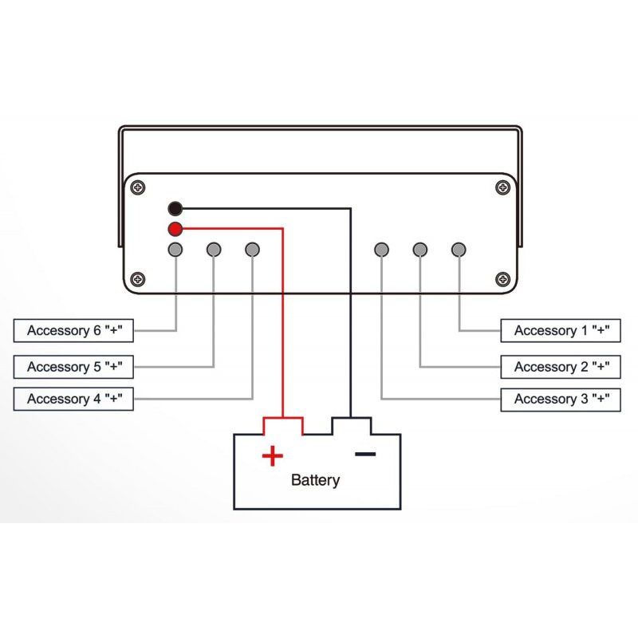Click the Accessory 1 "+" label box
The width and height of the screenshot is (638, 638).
[561, 330]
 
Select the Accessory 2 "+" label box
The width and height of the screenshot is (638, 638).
[561, 367]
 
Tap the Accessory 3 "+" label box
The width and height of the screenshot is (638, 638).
[561, 399]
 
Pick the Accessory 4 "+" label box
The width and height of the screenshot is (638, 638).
[73, 399]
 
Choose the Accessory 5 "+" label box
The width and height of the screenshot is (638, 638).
[73, 367]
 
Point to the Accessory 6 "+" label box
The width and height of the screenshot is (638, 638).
[73, 330]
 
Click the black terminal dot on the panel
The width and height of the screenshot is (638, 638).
[175, 209]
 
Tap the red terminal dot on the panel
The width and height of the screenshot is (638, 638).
[175, 230]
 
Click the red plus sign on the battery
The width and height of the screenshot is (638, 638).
[273, 456]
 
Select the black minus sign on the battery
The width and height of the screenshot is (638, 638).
[365, 455]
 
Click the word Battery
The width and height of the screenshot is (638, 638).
[315, 480]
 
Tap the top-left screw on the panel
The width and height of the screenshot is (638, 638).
[139, 188]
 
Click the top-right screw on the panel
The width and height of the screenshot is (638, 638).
[502, 188]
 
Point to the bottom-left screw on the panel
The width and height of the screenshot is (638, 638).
[139, 279]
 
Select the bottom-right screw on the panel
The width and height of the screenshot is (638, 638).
[502, 279]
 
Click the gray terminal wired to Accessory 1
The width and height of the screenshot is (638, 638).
[459, 250]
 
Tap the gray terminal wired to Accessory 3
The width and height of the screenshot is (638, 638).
[382, 250]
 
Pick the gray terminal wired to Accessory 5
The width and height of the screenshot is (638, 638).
[214, 250]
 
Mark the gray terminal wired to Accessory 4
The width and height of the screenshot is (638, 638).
[252, 250]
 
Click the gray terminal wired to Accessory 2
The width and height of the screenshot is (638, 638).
[420, 250]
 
